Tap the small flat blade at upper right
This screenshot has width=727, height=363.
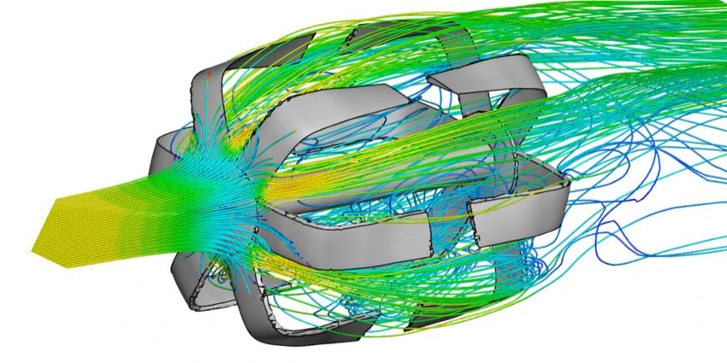pyautogui.click(x=462, y=82)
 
